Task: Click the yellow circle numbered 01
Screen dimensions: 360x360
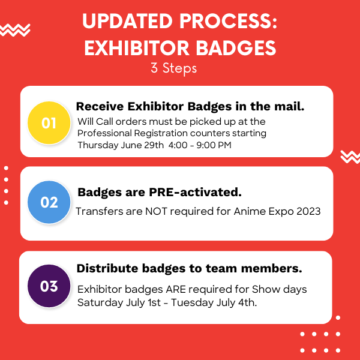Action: pyautogui.click(x=49, y=123)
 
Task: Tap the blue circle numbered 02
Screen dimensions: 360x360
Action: pyautogui.click(x=49, y=202)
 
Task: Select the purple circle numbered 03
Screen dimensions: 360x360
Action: pyautogui.click(x=49, y=286)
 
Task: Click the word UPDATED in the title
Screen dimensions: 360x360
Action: pyautogui.click(x=127, y=21)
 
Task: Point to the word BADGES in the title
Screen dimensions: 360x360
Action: pyautogui.click(x=236, y=48)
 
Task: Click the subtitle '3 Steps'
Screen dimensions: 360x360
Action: pyautogui.click(x=174, y=68)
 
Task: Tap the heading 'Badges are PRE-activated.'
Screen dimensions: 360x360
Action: pyautogui.click(x=160, y=192)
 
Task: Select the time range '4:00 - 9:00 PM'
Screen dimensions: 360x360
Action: pyautogui.click(x=200, y=145)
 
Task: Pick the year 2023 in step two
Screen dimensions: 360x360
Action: pyautogui.click(x=308, y=211)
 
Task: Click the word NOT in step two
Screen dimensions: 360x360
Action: pyautogui.click(x=156, y=211)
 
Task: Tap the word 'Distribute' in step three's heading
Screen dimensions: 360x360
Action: pyautogui.click(x=107, y=268)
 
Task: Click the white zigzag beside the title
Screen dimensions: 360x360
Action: pyautogui.click(x=15, y=30)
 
